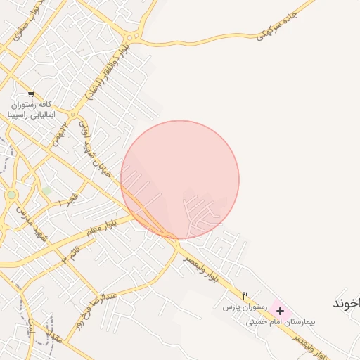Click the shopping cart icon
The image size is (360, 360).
pos(31,94)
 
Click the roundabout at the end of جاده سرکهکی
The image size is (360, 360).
pos(131,37)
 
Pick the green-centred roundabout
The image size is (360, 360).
pos(11,195)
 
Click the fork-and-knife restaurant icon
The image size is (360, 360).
pos(245,295)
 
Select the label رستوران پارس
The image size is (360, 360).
pos(242,307)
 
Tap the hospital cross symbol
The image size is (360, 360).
pos(281,310)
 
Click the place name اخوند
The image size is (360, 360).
pos(346,303)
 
